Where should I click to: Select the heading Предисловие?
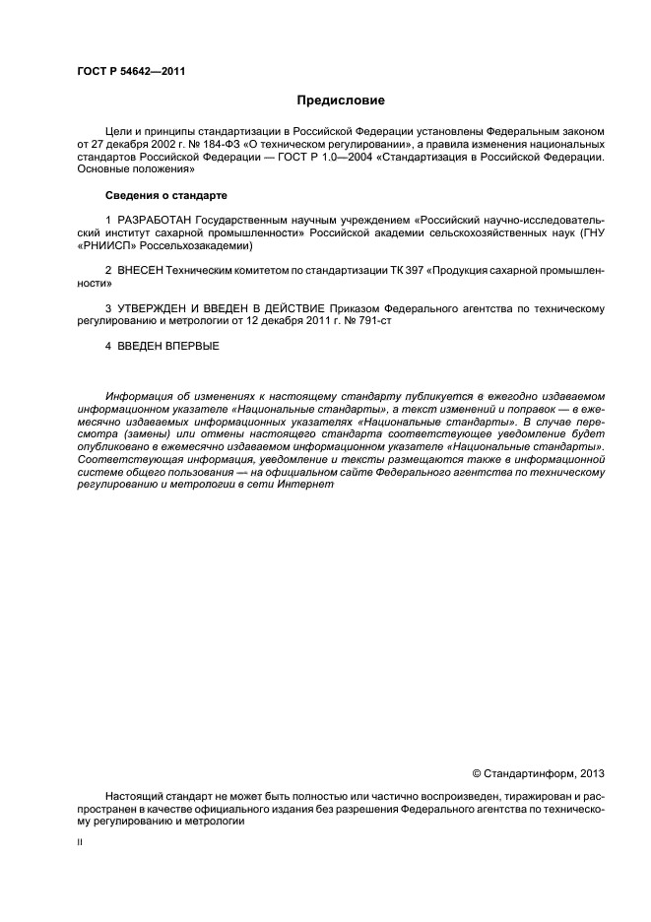point(341,100)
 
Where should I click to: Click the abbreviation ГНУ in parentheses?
point(592,232)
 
